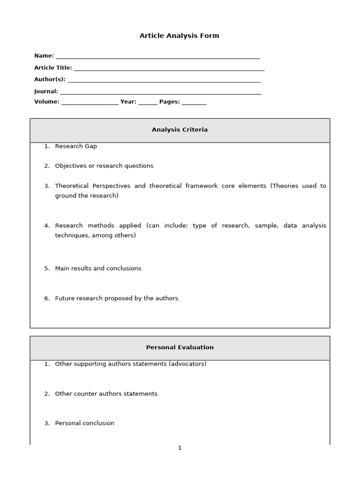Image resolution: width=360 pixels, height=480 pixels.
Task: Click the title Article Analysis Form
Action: coord(179,36)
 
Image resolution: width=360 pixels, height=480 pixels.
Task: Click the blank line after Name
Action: coord(157,56)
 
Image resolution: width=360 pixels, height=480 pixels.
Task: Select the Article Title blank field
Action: coord(169,68)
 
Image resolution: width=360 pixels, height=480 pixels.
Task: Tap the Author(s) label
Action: coord(50,80)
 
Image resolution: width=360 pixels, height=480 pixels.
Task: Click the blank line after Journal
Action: coord(160,92)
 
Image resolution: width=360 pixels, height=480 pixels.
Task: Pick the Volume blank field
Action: coord(90,102)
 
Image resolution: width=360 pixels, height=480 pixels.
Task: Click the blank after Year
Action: coord(148,102)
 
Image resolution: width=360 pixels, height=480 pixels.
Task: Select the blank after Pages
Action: coord(194,102)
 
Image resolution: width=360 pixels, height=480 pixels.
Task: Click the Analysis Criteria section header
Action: coord(180,130)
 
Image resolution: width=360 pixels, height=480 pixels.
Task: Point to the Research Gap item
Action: coord(76,146)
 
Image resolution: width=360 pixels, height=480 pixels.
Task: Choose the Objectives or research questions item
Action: coord(104,166)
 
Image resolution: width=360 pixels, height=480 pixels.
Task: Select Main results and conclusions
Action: coord(98,269)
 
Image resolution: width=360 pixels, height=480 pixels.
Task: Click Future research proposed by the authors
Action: coord(116,299)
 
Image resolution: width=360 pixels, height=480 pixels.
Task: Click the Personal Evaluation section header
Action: coord(180,347)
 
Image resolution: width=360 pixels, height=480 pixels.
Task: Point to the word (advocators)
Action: coord(187,364)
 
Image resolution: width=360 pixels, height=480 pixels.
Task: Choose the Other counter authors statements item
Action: coord(106,394)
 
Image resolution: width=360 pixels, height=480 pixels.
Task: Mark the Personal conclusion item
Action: coord(84,423)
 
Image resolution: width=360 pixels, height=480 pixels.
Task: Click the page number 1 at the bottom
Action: coord(180,448)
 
